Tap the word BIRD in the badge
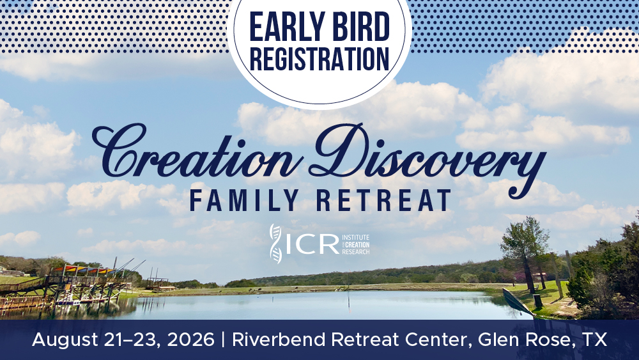point(359,26)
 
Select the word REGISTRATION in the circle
point(319,59)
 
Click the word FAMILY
point(245,200)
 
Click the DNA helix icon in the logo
point(275,244)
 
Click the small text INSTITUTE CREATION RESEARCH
point(356,244)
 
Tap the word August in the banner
point(65,340)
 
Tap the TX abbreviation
point(594,339)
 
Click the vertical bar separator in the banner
point(223,340)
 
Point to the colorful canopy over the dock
point(86,270)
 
